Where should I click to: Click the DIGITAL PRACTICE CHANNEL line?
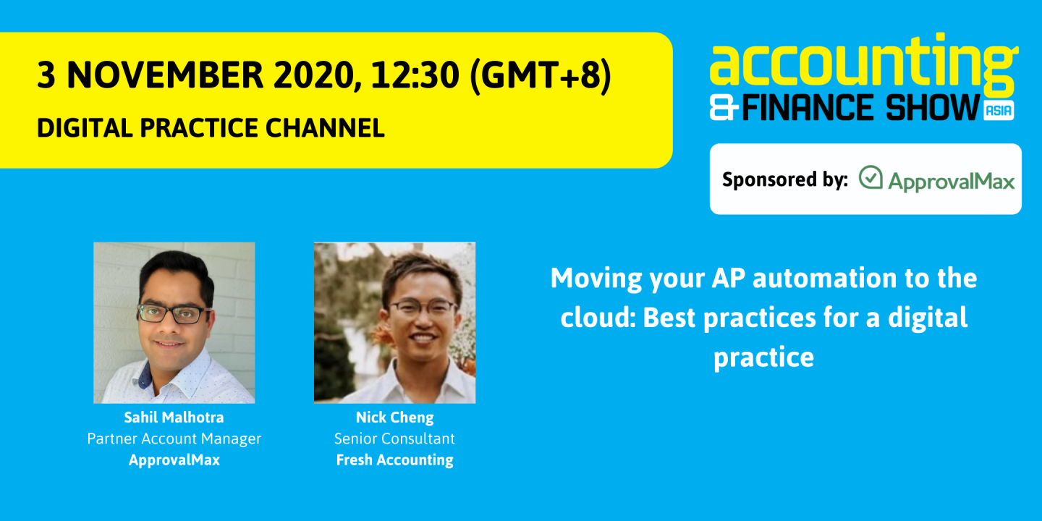211,128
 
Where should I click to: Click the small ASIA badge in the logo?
999,110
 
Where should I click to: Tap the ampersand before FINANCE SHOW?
724,109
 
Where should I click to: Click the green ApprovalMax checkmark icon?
871,178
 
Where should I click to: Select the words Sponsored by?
784,179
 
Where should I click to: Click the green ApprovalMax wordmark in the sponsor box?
951,181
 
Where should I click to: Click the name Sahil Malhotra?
174,418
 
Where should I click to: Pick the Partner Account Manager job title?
174,439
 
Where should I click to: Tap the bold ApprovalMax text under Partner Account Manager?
174,460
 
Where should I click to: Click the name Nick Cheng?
394,418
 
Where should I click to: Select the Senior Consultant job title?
394,439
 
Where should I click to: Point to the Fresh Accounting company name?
394,460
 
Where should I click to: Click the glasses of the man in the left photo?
174,313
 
